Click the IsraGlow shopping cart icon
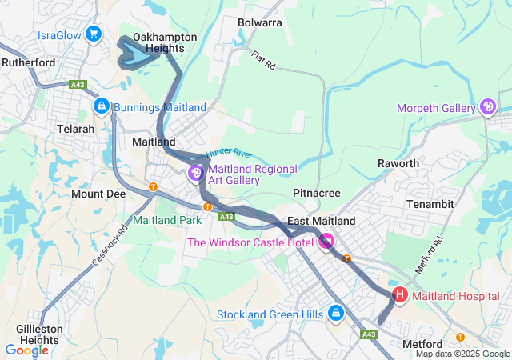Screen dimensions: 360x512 tap(94, 34)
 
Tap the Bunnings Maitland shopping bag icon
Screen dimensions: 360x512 tap(101, 106)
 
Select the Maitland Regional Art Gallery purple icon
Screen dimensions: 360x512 tap(196, 174)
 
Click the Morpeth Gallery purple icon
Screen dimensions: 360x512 tap(488, 108)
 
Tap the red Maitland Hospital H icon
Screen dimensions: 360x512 tap(399, 295)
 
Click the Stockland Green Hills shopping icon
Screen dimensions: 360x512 tap(335, 314)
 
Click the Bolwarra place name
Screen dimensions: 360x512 tap(260, 22)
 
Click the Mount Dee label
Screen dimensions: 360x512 tap(98, 194)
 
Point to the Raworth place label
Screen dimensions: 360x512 tap(398, 163)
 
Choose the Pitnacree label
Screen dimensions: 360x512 tap(317, 193)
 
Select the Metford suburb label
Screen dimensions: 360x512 tap(421, 343)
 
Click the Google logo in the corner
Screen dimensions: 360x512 tap(26, 350)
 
